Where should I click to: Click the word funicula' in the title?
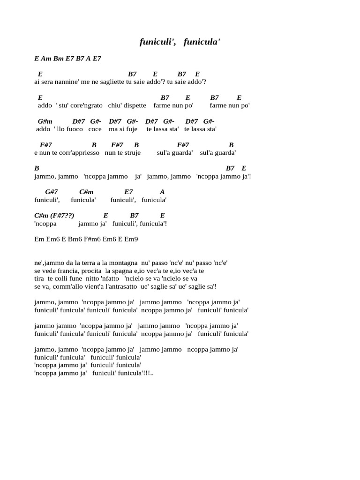coord(202,42)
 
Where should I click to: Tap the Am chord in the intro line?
coord(46,59)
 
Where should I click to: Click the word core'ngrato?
coord(89,105)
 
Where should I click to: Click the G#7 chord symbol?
coord(52,192)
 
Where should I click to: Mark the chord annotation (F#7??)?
coord(63,215)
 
